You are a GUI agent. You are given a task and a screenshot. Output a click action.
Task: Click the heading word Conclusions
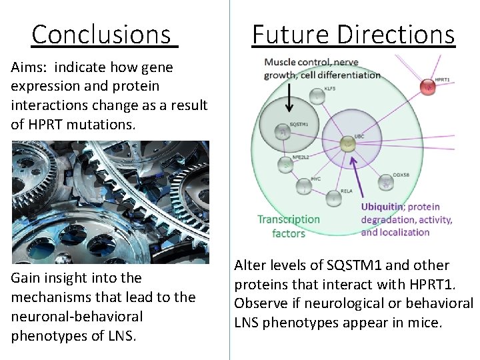click(x=101, y=34)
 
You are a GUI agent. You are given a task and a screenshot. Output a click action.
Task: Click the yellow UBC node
click(x=346, y=143)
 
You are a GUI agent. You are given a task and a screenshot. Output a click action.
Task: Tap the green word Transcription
click(x=289, y=219)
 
